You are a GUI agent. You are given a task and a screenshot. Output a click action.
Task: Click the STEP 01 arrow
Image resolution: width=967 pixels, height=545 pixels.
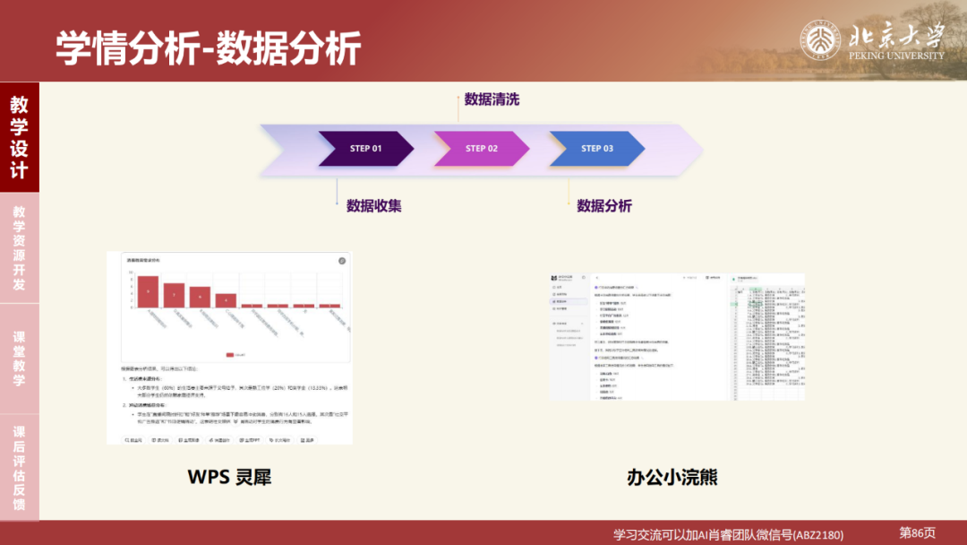(364, 149)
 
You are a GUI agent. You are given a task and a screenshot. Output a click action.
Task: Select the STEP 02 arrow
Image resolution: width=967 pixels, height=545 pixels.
(481, 149)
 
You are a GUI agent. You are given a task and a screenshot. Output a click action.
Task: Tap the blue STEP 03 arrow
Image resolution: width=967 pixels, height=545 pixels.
(596, 149)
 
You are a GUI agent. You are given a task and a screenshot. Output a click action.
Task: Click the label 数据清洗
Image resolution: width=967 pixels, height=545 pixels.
(492, 99)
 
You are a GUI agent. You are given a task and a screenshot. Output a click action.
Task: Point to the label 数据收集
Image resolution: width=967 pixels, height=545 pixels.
(374, 205)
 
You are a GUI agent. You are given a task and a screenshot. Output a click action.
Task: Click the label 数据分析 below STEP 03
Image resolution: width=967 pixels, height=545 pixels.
(604, 206)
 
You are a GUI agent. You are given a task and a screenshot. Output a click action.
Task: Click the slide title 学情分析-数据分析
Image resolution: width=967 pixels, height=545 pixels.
(209, 47)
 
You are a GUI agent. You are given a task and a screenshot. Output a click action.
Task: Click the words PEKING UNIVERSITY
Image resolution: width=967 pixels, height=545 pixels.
(896, 56)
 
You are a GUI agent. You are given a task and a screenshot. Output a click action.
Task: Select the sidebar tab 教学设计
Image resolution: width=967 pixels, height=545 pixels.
(19, 136)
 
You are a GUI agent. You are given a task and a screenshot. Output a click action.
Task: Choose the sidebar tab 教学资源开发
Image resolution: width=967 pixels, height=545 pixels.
(19, 248)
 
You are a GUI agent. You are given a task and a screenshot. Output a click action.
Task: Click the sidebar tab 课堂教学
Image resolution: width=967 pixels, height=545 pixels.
(19, 359)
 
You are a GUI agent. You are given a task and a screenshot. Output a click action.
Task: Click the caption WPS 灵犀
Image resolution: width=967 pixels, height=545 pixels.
(229, 477)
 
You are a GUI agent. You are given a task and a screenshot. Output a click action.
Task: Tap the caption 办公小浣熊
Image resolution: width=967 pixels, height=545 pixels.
(672, 477)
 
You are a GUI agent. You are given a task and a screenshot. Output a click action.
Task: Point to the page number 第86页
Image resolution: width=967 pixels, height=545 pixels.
(917, 532)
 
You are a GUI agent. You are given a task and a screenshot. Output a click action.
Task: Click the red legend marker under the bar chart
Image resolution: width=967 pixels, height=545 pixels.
(230, 355)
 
